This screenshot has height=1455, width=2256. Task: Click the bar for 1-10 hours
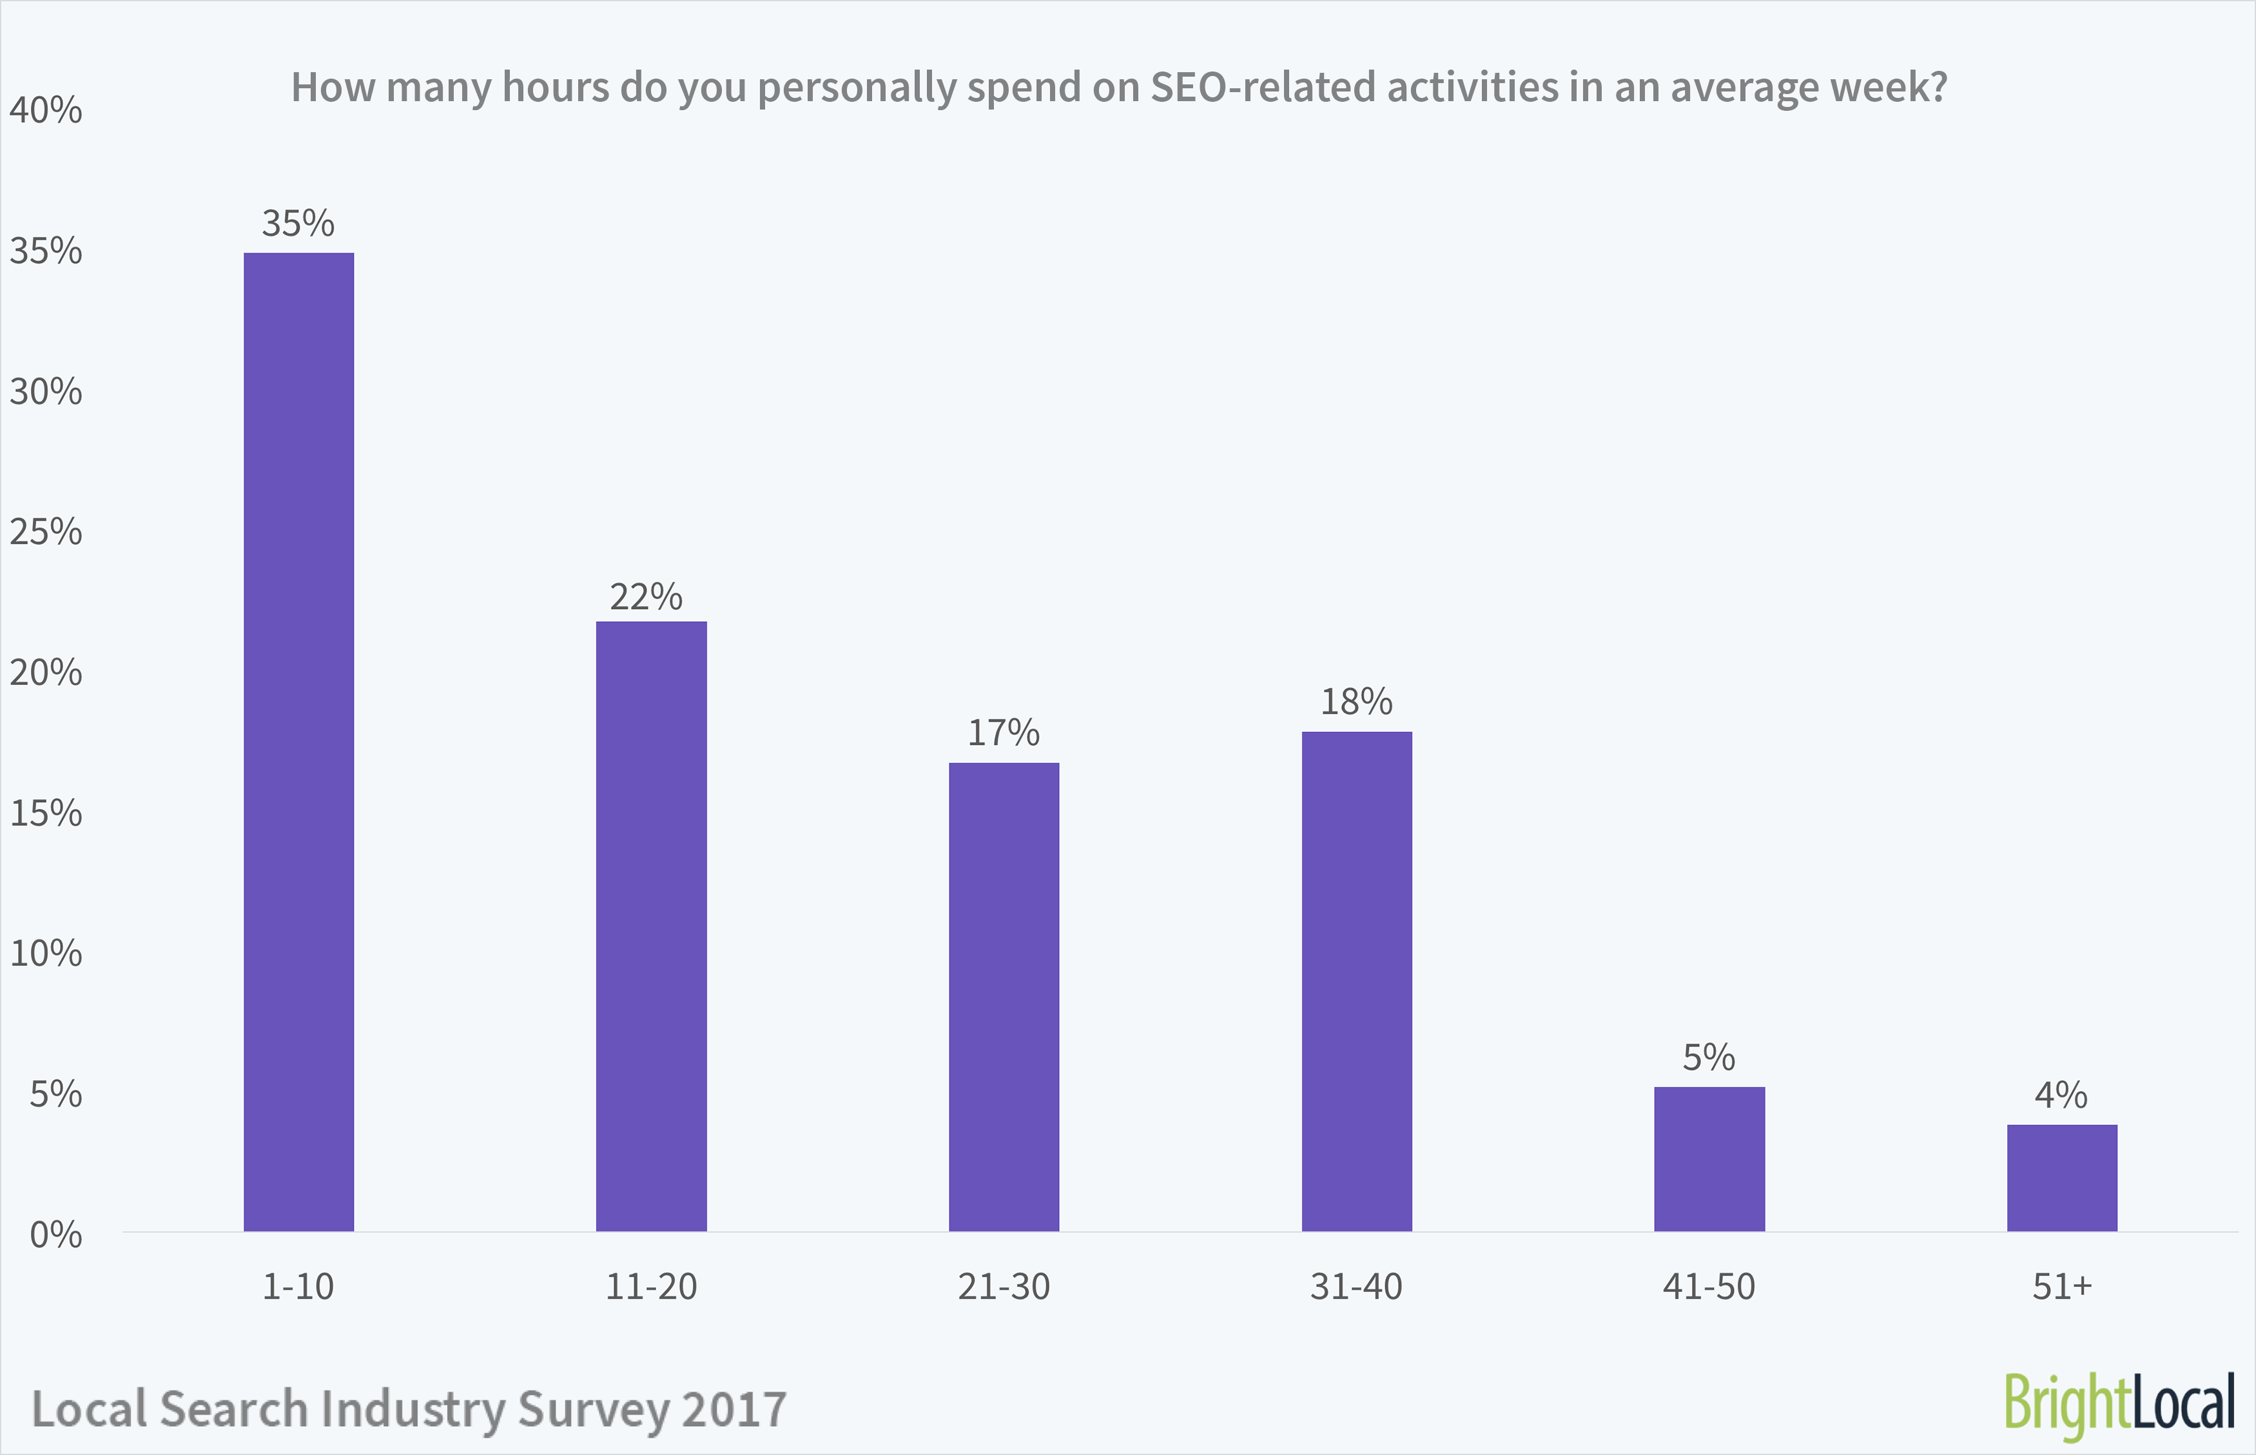coord(298,742)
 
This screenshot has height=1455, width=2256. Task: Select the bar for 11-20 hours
coord(651,926)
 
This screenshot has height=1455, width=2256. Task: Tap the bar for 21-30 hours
coord(1004,997)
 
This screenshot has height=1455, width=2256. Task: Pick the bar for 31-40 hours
coord(1356,981)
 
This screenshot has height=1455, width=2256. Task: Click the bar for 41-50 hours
coord(1709,1159)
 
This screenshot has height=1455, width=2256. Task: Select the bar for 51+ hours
coord(2061,1177)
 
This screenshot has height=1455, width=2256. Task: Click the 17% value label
coord(1003,733)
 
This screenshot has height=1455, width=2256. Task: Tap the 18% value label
coord(1356,702)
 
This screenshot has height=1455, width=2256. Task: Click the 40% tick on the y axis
coord(45,111)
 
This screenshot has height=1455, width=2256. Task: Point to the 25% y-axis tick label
coord(45,533)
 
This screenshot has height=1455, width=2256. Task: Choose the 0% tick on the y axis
coord(55,1235)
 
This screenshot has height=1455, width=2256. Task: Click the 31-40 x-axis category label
coord(1356,1287)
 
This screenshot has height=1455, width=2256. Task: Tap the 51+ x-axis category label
coord(2061,1287)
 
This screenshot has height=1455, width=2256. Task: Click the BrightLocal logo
coord(2118,1404)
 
